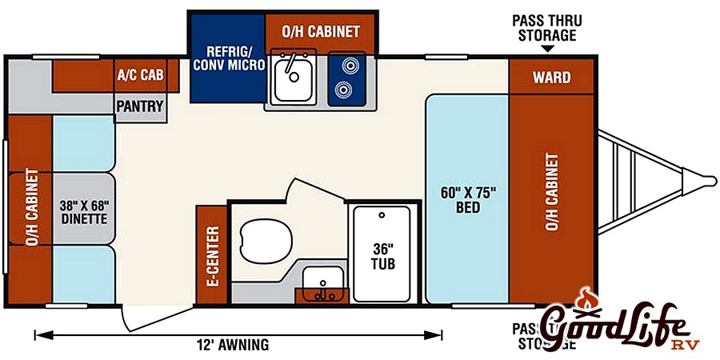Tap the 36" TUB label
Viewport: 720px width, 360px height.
[380, 254]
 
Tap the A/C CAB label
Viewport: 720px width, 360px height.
[140, 76]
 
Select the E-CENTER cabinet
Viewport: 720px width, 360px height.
[212, 256]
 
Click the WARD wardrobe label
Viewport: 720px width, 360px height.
[552, 78]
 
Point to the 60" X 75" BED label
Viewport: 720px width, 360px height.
[469, 200]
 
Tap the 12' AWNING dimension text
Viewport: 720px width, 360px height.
[232, 346]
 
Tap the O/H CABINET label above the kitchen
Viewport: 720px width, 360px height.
[321, 32]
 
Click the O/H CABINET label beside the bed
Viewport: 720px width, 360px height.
[552, 192]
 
